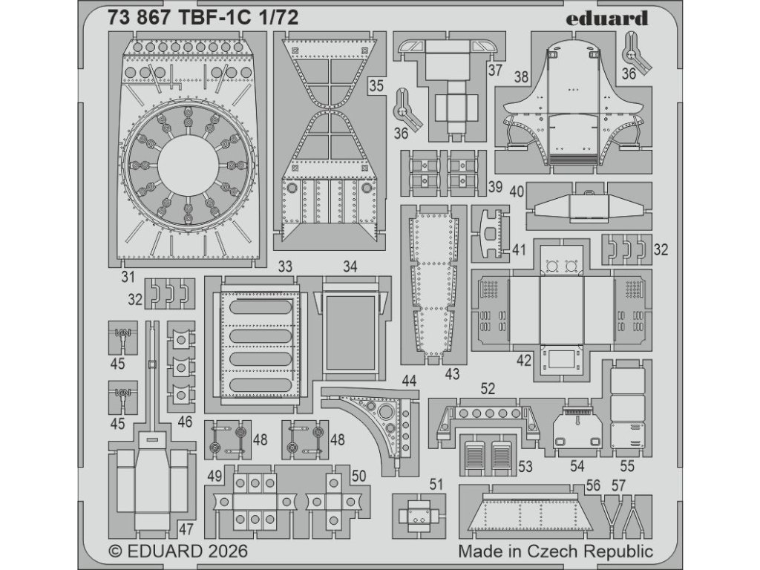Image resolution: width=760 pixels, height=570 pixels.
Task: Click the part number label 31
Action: (x=127, y=277)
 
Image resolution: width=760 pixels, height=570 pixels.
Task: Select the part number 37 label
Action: (x=495, y=71)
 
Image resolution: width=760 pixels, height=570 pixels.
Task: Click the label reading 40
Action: (x=517, y=191)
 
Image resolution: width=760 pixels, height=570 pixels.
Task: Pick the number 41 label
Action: (x=518, y=249)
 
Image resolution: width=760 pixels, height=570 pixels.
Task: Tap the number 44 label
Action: (x=408, y=381)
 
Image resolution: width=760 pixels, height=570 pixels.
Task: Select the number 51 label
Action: (x=436, y=484)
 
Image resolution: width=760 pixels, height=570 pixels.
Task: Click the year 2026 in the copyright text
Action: (x=223, y=551)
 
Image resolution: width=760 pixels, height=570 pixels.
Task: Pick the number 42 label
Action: (x=524, y=361)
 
